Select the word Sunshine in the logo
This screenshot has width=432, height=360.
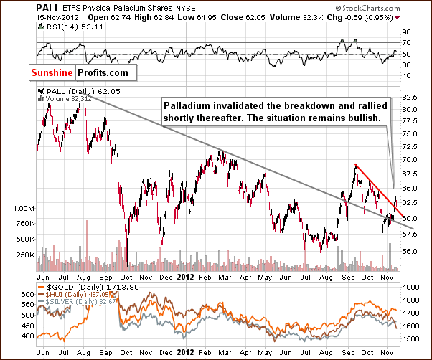(x=52, y=72)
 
